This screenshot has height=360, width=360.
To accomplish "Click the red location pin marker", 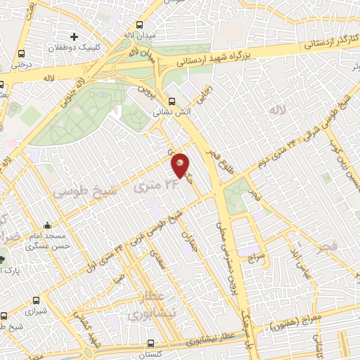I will (x=181, y=165).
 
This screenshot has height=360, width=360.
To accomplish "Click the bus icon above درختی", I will (x=22, y=53).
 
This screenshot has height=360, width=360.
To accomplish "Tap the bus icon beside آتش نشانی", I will (x=173, y=101).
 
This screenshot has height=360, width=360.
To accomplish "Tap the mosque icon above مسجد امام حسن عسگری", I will (x=46, y=225).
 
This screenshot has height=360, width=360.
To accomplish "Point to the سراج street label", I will (x=253, y=257).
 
